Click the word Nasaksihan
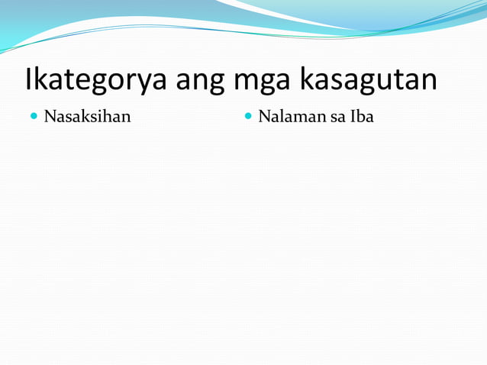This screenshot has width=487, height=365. point(87,118)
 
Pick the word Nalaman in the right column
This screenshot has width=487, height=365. point(287,118)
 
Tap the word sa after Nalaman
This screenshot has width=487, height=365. point(329,118)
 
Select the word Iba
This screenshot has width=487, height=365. point(361,118)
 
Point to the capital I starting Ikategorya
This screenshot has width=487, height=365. point(29,79)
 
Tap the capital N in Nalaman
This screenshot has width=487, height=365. point(264,118)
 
